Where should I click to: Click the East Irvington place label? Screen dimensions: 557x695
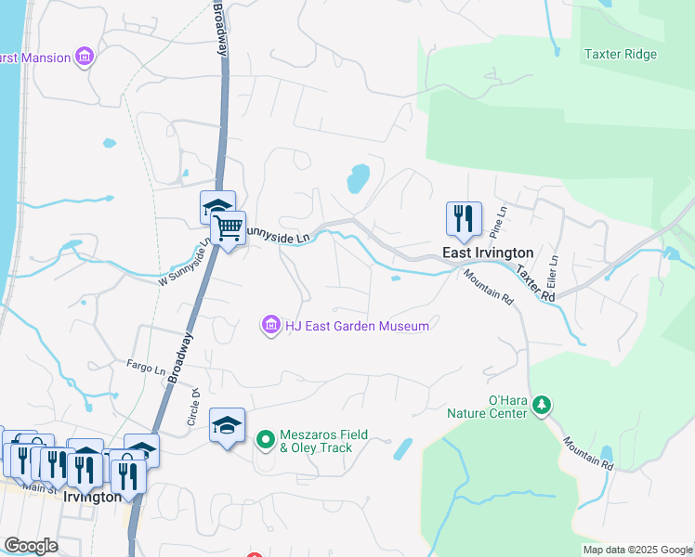point(487,253)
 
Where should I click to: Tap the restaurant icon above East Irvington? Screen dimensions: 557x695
point(463,219)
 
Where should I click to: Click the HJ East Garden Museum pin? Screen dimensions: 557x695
point(271,325)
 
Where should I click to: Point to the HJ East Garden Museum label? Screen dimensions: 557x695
point(357,326)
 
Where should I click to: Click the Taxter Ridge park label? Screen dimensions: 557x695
point(620,54)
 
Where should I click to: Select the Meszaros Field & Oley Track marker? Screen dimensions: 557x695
point(265,437)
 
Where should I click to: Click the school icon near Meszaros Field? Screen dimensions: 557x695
point(227,425)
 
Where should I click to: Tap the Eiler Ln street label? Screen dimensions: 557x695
point(554,272)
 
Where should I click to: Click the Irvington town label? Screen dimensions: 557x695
point(92,497)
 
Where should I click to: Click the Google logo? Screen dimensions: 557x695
point(32,546)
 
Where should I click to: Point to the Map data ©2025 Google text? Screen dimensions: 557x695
point(636,550)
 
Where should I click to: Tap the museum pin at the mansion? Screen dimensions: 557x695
point(85,58)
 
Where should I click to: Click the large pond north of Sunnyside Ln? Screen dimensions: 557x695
point(358,177)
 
